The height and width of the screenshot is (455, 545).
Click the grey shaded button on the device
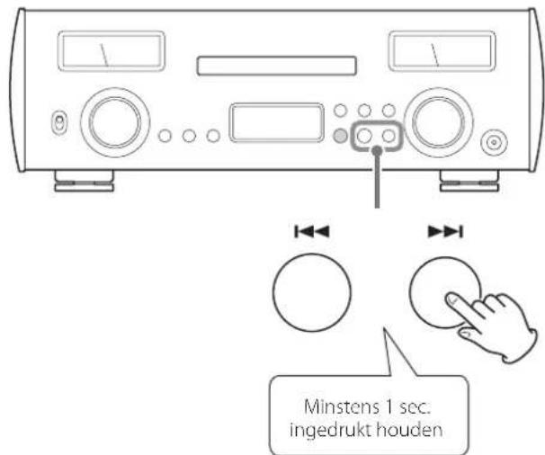click(340, 136)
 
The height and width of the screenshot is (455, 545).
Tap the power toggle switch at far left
click(59, 122)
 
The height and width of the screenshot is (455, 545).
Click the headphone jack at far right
click(494, 142)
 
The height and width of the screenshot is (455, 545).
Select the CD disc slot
click(276, 66)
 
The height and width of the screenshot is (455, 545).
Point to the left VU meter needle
click(104, 55)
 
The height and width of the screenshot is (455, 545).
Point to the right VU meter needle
click(434, 55)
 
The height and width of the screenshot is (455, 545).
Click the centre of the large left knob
click(115, 122)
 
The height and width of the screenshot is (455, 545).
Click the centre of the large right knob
click(438, 122)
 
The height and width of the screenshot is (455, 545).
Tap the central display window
click(277, 122)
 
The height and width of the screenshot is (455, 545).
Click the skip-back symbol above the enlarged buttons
click(312, 231)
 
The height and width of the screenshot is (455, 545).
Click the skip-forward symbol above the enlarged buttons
click(445, 231)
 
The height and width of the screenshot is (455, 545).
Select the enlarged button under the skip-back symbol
click(312, 292)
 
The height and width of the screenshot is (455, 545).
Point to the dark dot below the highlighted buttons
click(377, 151)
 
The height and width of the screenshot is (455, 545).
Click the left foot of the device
click(85, 181)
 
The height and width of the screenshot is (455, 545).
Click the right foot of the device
click(469, 181)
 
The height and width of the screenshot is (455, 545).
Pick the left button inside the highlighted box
click(364, 136)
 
